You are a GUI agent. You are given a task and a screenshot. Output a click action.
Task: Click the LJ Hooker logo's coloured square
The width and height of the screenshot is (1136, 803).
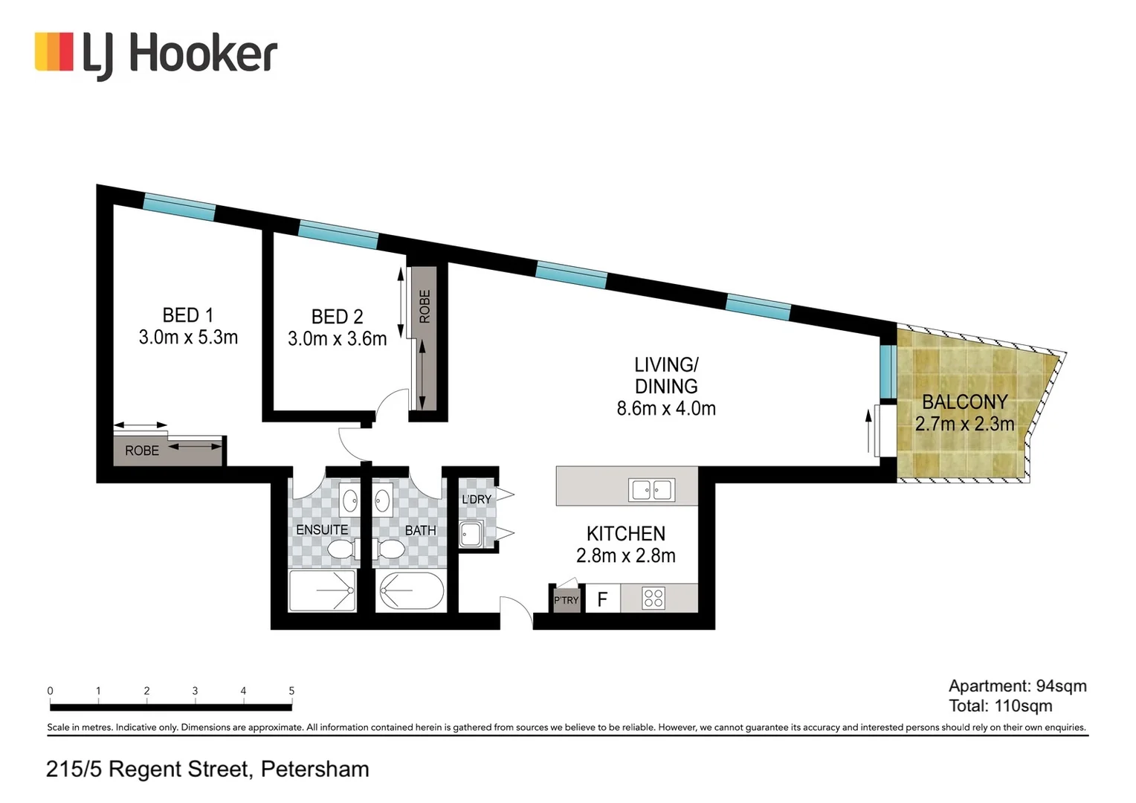(54, 51)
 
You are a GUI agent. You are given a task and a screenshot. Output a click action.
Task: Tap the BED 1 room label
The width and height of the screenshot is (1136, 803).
(188, 315)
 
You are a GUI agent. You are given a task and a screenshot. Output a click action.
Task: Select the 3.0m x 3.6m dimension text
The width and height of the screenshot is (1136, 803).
(338, 339)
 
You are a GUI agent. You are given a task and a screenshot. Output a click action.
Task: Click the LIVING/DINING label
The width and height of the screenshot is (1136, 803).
(666, 375)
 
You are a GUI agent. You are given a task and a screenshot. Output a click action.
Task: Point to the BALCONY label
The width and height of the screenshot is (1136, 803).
(964, 401)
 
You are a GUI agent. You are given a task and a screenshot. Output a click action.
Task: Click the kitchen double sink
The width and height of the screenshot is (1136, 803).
(652, 490)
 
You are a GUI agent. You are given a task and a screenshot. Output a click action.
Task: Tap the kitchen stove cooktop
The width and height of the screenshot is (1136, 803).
(653, 598)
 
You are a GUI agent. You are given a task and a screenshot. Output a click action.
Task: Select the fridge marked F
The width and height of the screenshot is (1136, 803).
(602, 599)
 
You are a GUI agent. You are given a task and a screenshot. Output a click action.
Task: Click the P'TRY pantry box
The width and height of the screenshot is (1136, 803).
(566, 600)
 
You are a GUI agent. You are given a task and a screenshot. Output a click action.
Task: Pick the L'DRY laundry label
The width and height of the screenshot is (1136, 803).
(477, 500)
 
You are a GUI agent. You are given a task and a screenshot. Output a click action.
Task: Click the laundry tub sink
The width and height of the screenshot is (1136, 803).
(471, 534)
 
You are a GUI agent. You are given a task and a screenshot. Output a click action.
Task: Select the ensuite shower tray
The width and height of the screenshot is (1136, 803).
(322, 590)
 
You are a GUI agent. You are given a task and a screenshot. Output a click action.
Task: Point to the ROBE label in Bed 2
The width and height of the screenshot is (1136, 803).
(425, 306)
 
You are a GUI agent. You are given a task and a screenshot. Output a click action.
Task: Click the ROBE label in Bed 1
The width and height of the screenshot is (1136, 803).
(142, 451)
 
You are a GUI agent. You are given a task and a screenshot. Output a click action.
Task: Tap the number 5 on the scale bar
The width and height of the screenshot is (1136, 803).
(291, 691)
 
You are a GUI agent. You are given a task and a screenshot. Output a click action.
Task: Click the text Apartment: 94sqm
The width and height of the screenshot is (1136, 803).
(1018, 686)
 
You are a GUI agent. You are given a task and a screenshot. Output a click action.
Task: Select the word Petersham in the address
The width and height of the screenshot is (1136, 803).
(315, 770)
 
